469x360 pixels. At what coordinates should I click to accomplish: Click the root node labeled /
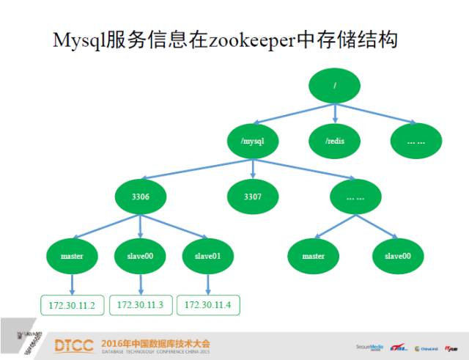335,87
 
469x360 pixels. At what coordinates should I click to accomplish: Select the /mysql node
252,139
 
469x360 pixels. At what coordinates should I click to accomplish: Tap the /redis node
335,139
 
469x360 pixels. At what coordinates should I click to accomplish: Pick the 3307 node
252,196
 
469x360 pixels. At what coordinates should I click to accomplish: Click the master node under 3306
72,256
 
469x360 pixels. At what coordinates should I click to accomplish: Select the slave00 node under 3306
139,256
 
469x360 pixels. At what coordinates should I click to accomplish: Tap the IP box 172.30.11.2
72,304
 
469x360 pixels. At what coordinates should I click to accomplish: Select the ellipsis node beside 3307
355,196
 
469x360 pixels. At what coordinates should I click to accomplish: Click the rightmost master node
314,256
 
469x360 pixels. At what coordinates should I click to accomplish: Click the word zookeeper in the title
249,40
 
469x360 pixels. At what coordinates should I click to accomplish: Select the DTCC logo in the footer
75,344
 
